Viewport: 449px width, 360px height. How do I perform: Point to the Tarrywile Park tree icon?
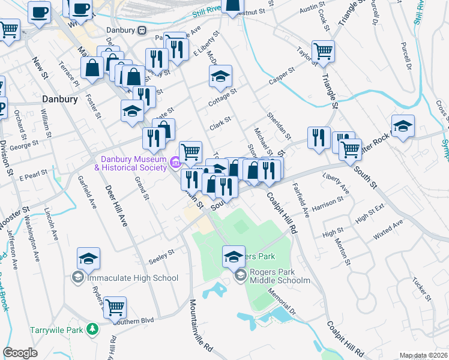tap(92, 329)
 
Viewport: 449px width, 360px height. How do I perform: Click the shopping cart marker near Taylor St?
tap(323, 52)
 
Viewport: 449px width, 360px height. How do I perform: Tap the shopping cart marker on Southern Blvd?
tap(115, 307)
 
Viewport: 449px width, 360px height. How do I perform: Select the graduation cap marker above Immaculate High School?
tap(88, 259)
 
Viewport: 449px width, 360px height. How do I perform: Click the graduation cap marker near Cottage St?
tap(220, 76)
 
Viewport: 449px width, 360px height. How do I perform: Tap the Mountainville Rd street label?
tap(200, 328)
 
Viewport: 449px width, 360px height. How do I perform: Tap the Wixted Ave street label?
tap(388, 230)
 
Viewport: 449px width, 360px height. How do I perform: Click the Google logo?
tap(20, 352)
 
